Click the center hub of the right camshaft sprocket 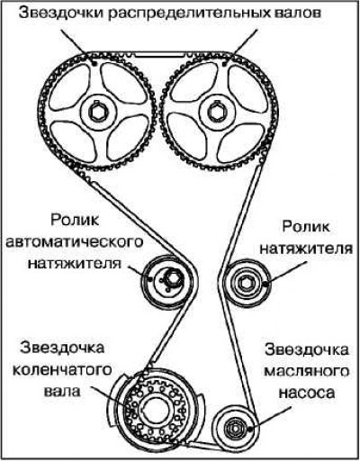(217, 112)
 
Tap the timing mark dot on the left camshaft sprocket (94, 64)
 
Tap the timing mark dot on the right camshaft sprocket (224, 64)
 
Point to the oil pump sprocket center (233, 428)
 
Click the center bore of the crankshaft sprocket (155, 411)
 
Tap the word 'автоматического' (75, 242)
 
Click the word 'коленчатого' (62, 370)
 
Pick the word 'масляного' (307, 372)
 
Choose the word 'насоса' (306, 393)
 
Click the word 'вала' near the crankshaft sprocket (62, 391)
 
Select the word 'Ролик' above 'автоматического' (75, 221)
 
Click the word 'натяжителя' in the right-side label (306, 249)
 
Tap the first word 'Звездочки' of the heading (61, 14)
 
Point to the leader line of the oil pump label (271, 418)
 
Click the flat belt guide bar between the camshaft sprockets (159, 55)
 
